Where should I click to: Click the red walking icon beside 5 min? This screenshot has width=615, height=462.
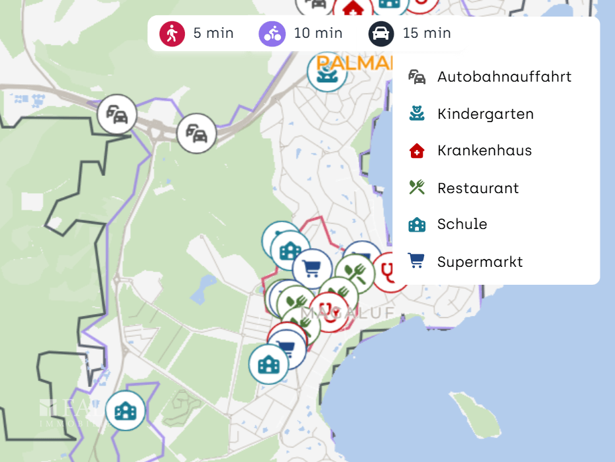(172, 33)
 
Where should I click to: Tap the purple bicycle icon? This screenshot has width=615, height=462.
(272, 33)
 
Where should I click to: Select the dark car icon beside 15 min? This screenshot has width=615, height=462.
(381, 33)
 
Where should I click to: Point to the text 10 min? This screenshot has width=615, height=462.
(318, 33)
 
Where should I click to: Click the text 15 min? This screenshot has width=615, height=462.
(427, 33)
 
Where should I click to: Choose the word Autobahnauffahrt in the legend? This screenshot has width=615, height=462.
(504, 77)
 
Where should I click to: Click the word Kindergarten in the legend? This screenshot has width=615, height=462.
(485, 114)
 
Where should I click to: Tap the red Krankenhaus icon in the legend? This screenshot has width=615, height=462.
(417, 151)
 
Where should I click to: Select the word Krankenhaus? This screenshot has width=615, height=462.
(484, 151)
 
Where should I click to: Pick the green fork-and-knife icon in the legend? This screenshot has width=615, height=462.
(417, 188)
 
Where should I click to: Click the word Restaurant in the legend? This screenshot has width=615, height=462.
(478, 189)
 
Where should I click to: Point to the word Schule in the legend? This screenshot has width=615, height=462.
(462, 224)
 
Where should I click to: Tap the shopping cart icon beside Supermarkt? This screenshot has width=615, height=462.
(417, 262)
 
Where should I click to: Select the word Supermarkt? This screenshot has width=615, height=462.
(480, 262)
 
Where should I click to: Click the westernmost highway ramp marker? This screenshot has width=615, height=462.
(117, 114)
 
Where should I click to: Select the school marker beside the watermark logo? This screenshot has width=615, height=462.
(125, 411)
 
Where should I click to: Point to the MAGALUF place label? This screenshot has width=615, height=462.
(347, 312)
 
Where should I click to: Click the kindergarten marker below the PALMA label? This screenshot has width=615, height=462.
(327, 72)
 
